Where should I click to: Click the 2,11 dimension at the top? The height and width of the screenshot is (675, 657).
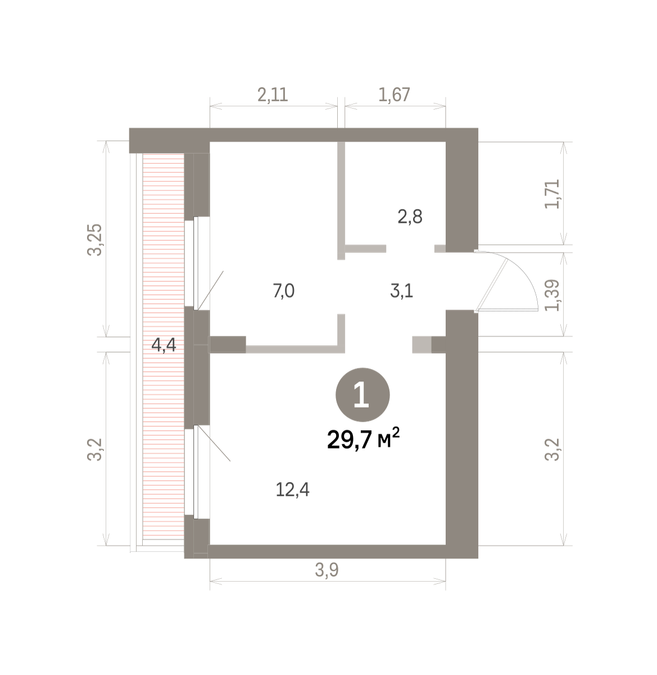(273, 94)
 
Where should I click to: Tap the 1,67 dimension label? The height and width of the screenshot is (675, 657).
(395, 94)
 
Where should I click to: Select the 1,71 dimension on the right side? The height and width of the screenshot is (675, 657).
(552, 193)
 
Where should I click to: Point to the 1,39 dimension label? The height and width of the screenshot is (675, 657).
(552, 295)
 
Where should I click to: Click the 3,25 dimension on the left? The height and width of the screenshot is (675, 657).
(94, 240)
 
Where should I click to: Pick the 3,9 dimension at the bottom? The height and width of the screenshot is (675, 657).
(327, 570)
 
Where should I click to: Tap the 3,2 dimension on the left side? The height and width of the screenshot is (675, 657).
(94, 449)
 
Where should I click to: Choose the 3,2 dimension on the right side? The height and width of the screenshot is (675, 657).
(552, 449)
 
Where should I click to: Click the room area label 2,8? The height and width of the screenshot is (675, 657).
(410, 217)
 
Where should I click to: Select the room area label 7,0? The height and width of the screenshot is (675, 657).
(284, 291)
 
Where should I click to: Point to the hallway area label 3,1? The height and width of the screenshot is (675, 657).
(402, 291)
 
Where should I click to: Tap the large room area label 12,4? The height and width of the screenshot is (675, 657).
(292, 490)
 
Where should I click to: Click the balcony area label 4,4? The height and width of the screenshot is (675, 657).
(164, 345)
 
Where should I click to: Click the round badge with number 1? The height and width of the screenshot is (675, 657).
(363, 395)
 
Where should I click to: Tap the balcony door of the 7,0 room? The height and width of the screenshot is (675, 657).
(196, 263)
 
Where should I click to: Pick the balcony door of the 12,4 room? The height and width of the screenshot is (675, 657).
(196, 472)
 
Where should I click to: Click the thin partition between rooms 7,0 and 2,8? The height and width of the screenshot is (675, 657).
(341, 200)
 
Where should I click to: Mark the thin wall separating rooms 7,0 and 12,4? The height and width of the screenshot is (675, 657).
(295, 349)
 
